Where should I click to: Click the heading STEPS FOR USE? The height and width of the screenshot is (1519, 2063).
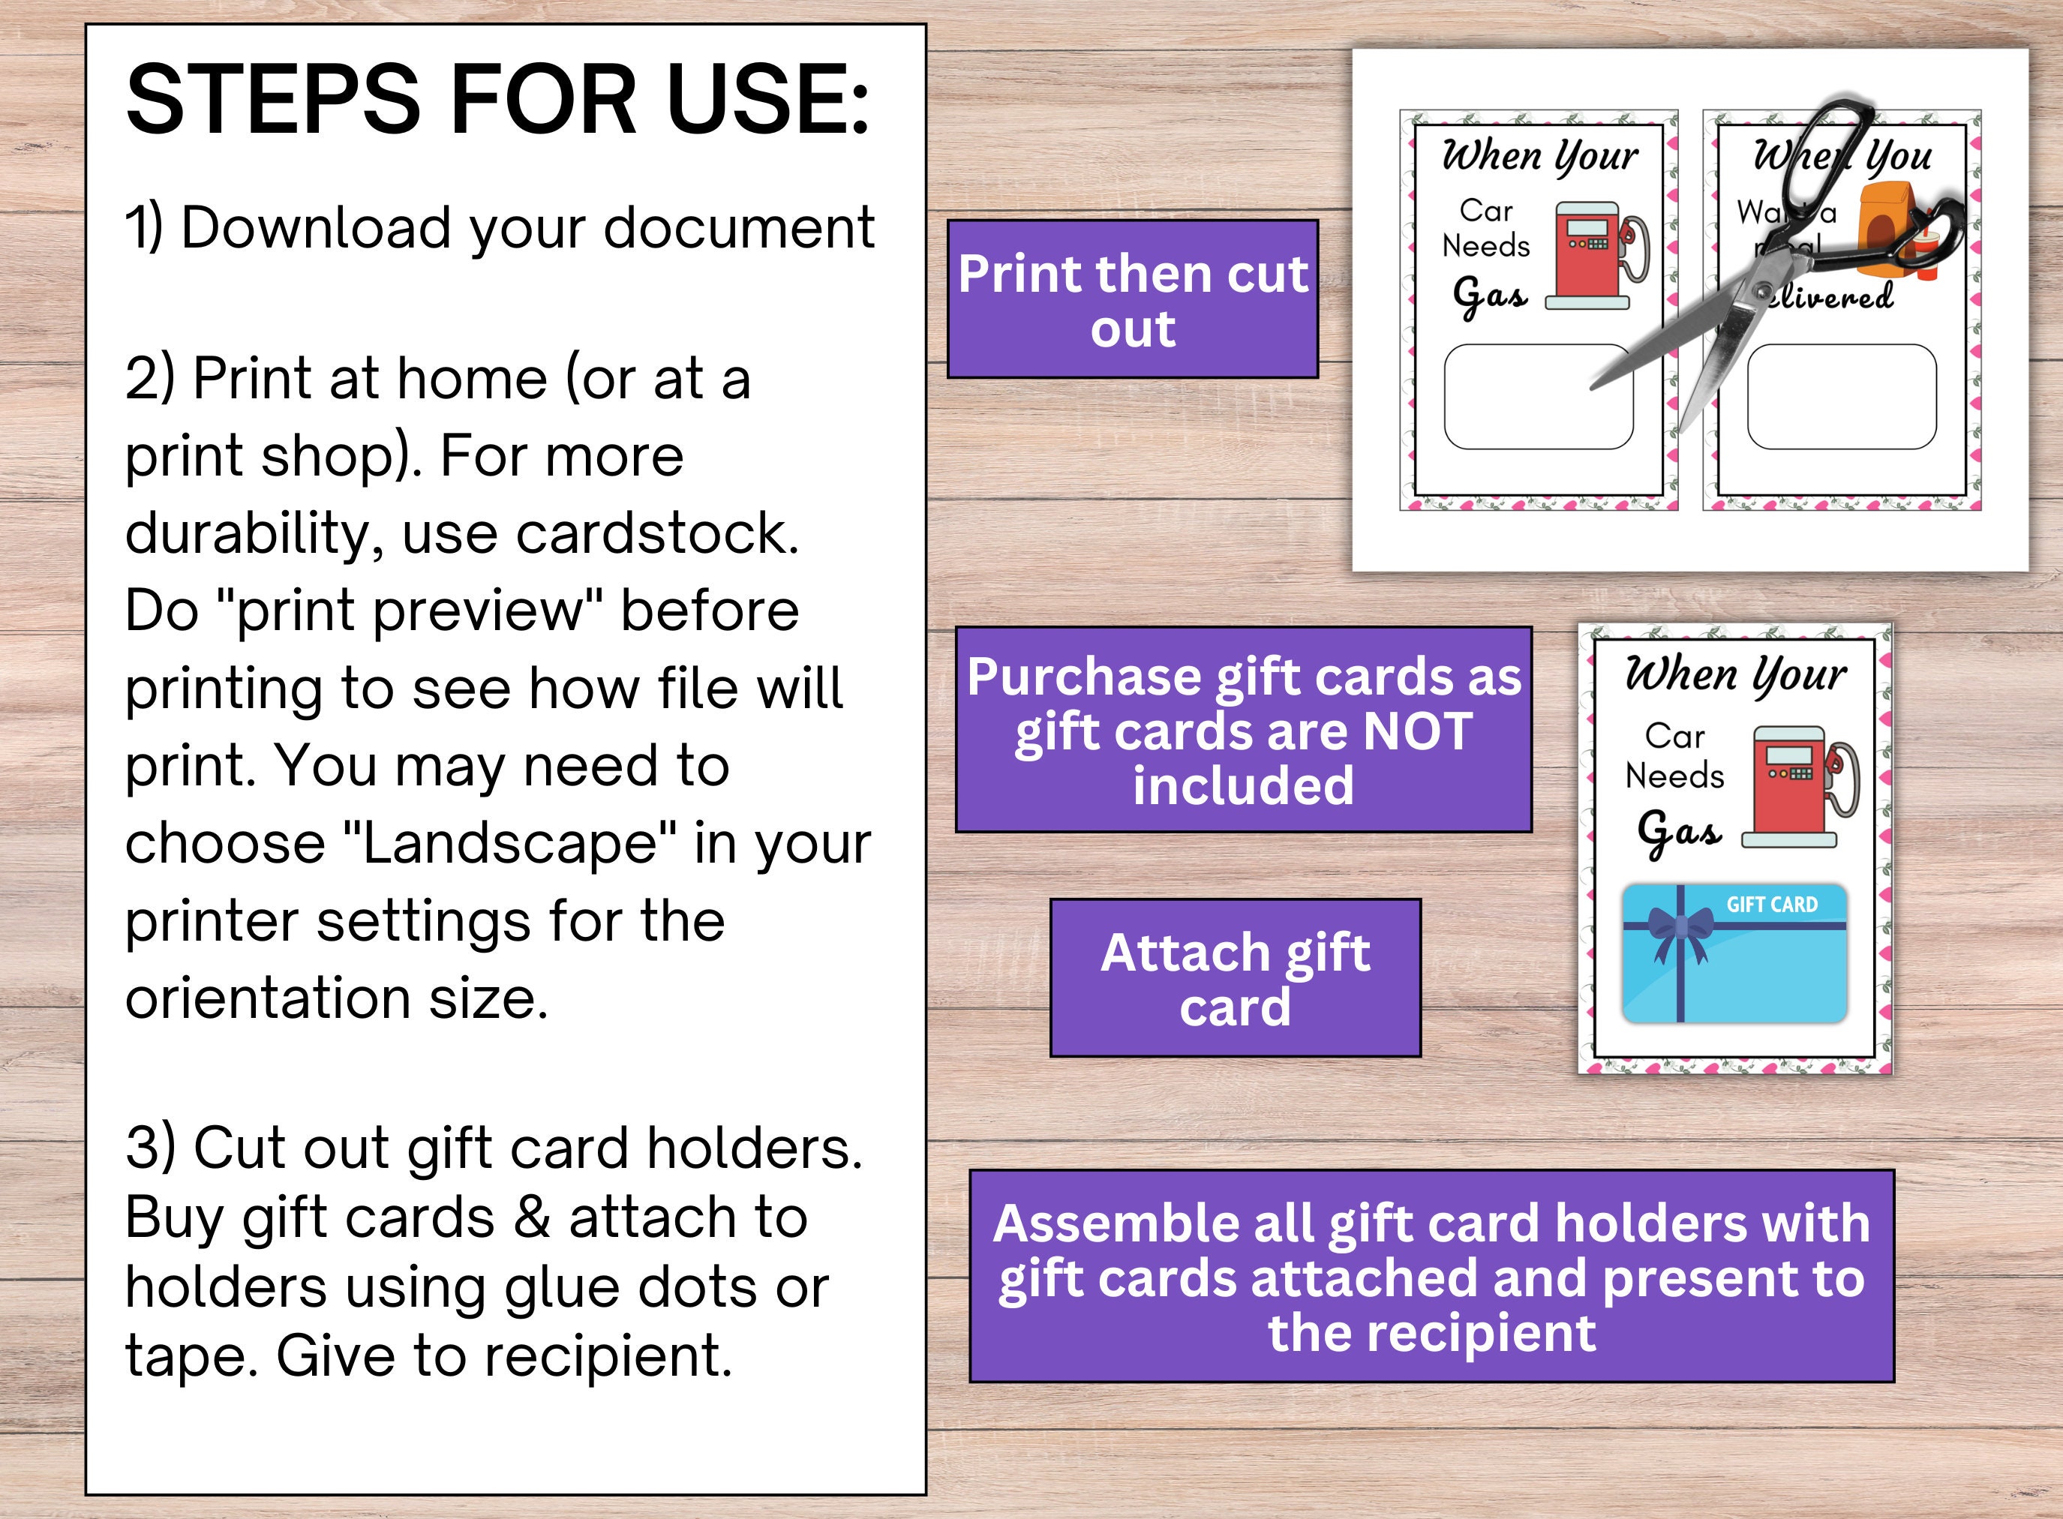[497, 99]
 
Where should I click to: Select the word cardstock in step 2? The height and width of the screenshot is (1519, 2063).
[657, 533]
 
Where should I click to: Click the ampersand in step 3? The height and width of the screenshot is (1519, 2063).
[531, 1217]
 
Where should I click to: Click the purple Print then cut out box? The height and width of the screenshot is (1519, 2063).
[1133, 299]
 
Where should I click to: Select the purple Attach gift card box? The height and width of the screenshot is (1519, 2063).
[1236, 977]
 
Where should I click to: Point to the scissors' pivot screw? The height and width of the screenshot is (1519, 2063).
[1761, 293]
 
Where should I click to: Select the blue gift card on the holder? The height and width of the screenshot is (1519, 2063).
[1734, 953]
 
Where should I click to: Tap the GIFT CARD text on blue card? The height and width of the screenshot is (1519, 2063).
[1772, 905]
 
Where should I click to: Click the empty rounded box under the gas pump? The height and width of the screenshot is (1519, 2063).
[1538, 396]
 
